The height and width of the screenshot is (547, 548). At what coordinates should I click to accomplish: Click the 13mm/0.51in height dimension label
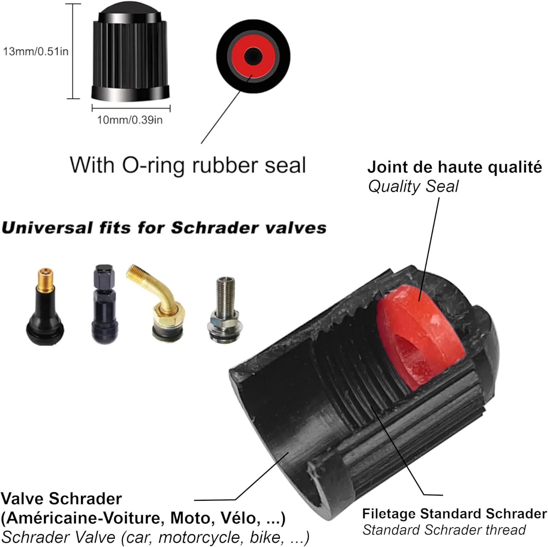(x=36, y=51)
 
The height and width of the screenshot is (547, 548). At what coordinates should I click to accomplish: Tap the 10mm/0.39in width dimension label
(x=130, y=120)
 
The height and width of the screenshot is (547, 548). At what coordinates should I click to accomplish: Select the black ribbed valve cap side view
(x=130, y=55)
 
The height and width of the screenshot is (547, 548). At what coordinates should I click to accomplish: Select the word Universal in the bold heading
(x=47, y=228)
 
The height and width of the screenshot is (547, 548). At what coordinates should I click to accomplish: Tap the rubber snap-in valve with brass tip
(x=45, y=307)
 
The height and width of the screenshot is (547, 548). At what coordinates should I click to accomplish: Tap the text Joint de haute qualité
(x=454, y=167)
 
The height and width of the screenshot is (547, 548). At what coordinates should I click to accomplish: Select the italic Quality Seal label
(x=413, y=186)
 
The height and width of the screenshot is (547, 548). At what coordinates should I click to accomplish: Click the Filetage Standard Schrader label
(x=454, y=513)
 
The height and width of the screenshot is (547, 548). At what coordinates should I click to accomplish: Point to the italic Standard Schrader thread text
(x=444, y=530)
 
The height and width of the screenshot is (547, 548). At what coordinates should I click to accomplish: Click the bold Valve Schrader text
(x=61, y=499)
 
